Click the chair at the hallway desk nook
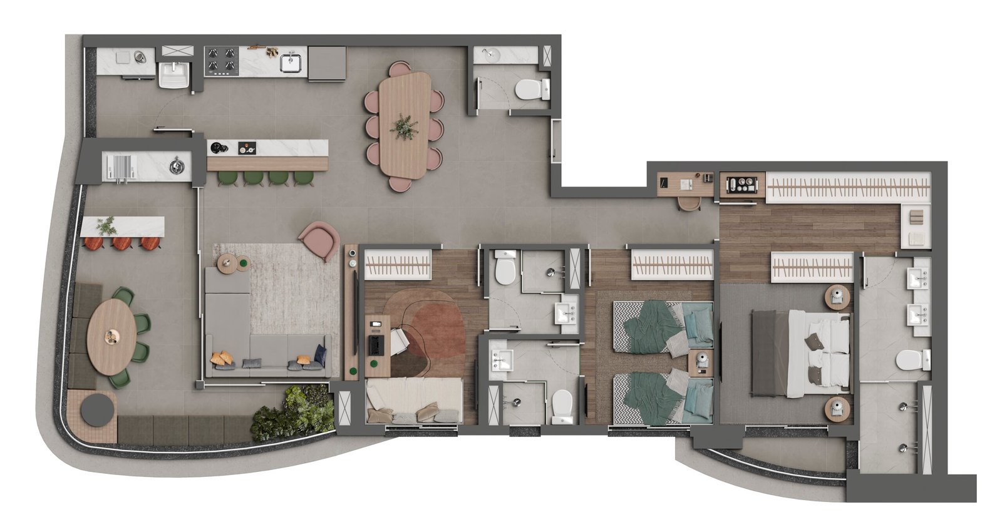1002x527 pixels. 689,202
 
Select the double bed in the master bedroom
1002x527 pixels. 800,353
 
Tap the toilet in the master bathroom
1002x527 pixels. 911,361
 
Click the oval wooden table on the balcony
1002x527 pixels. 111,336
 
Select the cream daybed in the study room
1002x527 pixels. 413,401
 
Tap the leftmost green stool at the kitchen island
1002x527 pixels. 226,178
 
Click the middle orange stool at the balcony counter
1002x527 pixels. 121,243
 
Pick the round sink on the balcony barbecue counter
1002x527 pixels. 178,166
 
